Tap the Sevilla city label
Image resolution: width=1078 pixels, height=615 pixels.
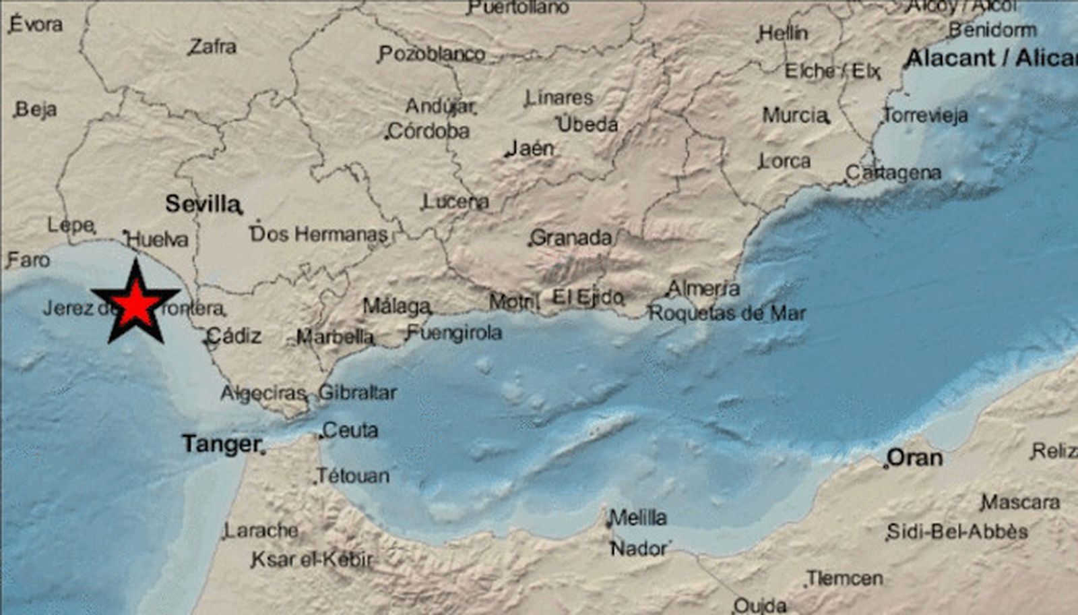[202, 204]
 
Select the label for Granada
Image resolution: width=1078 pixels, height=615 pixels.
[571, 237]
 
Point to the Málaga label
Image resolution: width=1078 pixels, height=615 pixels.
[396, 306]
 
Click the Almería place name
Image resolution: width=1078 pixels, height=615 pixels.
[703, 289]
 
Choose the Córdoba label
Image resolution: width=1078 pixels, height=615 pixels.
[429, 131]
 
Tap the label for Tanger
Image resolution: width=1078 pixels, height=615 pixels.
[221, 444]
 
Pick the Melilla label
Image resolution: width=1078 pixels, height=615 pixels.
[638, 518]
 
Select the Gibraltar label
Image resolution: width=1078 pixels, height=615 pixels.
[357, 392]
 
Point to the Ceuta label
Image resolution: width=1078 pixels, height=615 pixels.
[350, 430]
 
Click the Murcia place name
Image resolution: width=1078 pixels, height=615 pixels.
[795, 115]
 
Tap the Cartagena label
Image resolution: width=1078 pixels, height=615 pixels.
[893, 173]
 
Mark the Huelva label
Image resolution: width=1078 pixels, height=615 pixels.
[157, 239]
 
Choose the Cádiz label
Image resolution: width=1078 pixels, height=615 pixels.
[234, 335]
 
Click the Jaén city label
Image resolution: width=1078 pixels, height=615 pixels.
[531, 148]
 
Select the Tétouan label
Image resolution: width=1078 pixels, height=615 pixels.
[353, 476]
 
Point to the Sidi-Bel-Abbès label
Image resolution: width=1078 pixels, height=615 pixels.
[958, 531]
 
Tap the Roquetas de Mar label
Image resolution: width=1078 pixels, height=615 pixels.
[727, 314]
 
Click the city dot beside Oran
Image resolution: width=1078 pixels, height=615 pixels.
[886, 465]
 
